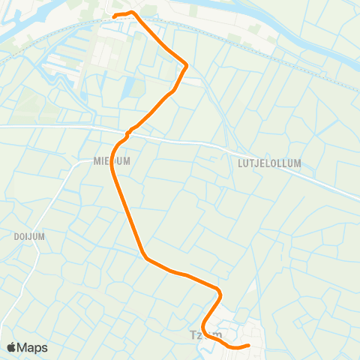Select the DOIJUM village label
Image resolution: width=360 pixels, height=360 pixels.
pyautogui.click(x=29, y=235)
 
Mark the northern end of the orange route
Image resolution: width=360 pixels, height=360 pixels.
pyautogui.click(x=114, y=16)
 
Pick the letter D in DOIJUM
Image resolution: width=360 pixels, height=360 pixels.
pyautogui.click(x=16, y=235)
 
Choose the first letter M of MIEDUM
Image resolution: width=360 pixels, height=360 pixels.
pyautogui.click(x=97, y=160)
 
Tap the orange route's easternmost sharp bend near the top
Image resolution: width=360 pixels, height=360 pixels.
pyautogui.click(x=186, y=66)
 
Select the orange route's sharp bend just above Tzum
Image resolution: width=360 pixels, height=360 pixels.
pyautogui.click(x=220, y=292)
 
